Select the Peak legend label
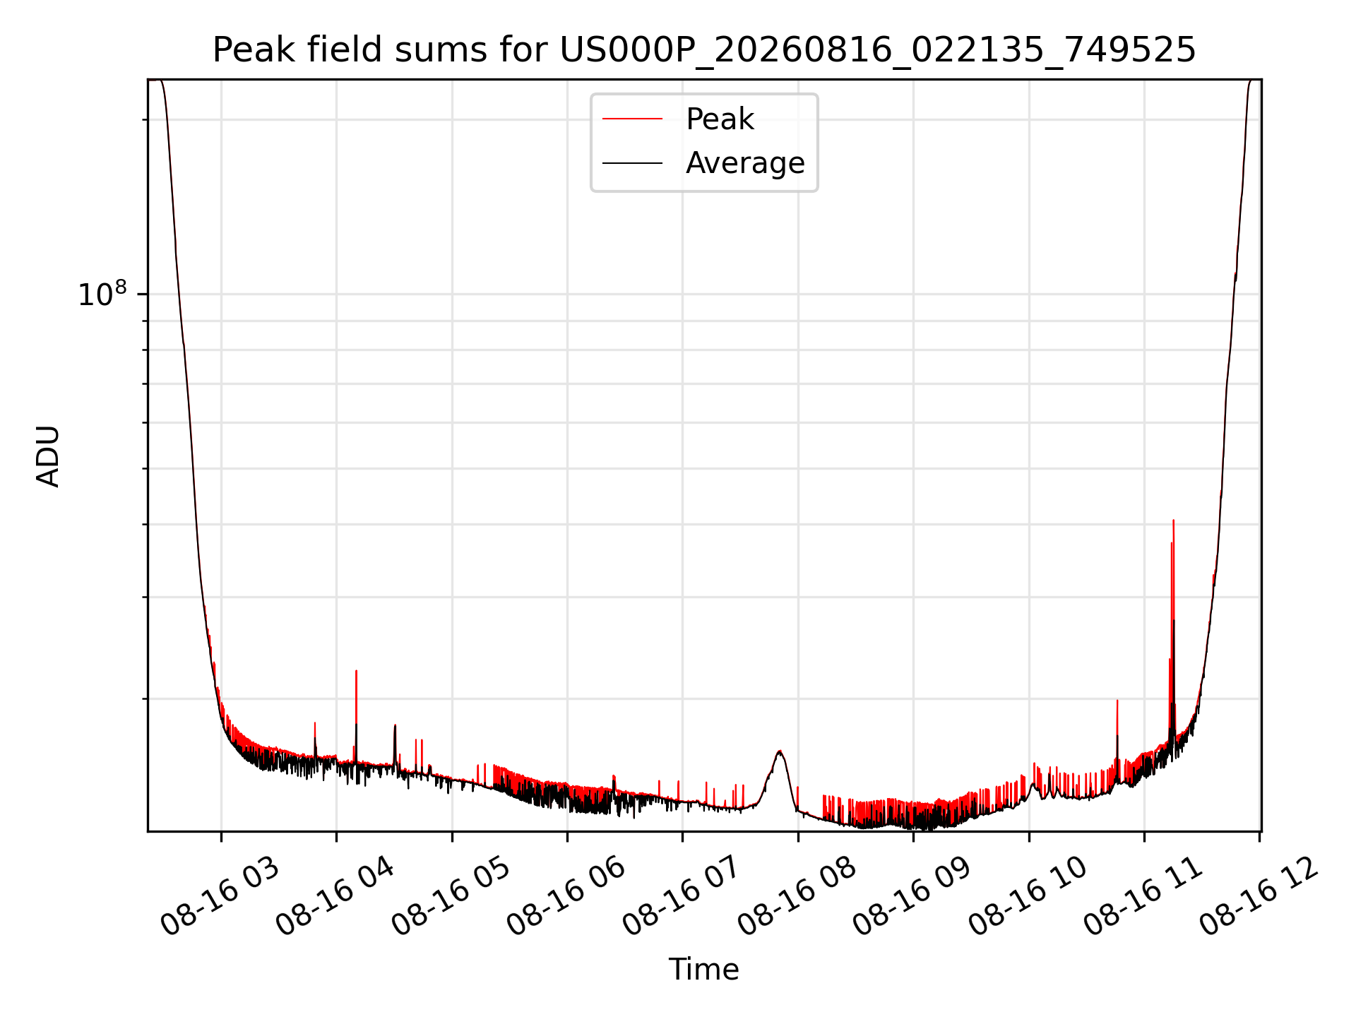click(720, 119)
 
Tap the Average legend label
click(745, 163)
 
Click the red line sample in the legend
click(632, 119)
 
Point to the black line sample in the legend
click(632, 163)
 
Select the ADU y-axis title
click(48, 456)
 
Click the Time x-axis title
click(704, 970)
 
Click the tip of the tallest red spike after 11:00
click(1173, 521)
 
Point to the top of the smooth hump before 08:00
click(780, 751)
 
